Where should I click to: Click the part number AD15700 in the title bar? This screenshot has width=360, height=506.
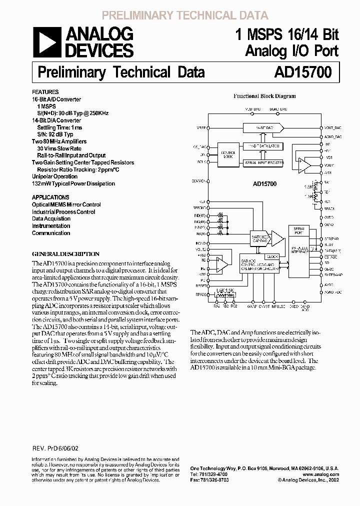[x=302, y=72]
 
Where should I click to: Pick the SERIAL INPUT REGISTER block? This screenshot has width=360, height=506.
[x=263, y=162]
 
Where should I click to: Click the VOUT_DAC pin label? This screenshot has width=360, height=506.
[x=332, y=128]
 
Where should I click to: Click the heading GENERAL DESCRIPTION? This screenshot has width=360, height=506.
[x=66, y=253]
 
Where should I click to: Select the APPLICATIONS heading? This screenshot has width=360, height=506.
[x=50, y=197]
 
